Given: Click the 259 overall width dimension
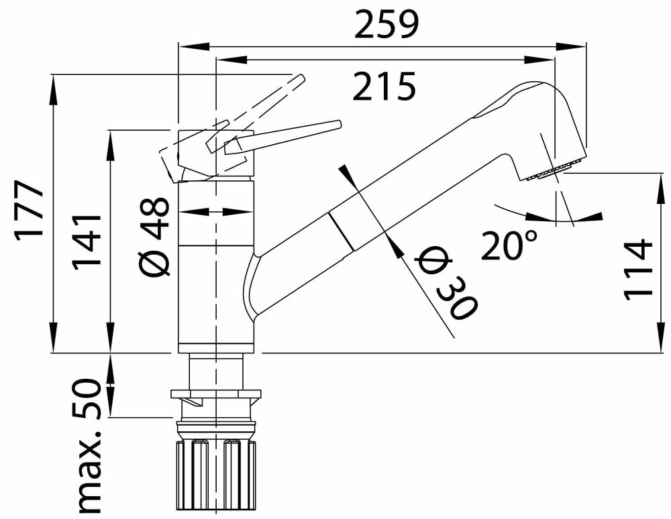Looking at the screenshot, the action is click(x=386, y=24).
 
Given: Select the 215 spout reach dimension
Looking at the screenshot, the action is click(x=384, y=86).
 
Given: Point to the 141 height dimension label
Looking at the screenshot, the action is click(x=87, y=242).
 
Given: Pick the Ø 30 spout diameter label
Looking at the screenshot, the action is click(x=446, y=282).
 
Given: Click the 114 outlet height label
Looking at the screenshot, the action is click(x=638, y=270).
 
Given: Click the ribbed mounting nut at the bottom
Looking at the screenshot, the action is click(x=217, y=473).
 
